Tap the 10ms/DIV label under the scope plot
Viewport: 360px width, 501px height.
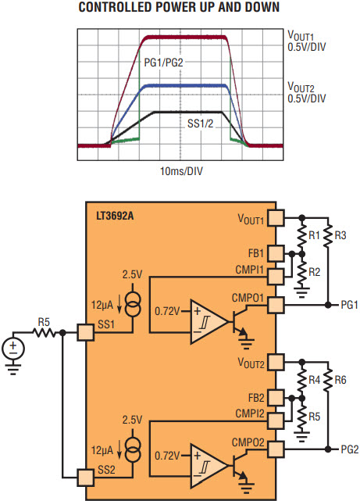181,171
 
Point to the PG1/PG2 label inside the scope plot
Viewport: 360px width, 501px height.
163,63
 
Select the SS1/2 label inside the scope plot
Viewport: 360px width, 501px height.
200,123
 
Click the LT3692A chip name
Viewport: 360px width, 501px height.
115,217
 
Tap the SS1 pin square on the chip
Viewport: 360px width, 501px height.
86,333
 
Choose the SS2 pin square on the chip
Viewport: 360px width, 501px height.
86,478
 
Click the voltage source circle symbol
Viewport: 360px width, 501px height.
13,348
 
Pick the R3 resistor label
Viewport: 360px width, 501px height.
340,235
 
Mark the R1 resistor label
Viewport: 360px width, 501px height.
314,235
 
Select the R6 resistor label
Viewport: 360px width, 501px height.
340,380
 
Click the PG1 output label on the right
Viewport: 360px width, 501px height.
350,305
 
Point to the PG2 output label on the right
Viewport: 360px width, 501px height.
350,449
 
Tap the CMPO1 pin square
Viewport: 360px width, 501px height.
276,305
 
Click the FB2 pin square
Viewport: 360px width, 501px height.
276,398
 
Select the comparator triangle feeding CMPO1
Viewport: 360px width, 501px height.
209,322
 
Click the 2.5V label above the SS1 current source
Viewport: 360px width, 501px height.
132,274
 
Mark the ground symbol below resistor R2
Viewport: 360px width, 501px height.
301,292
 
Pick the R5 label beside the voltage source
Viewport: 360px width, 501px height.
44,322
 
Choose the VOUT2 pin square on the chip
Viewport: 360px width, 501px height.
276,363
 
